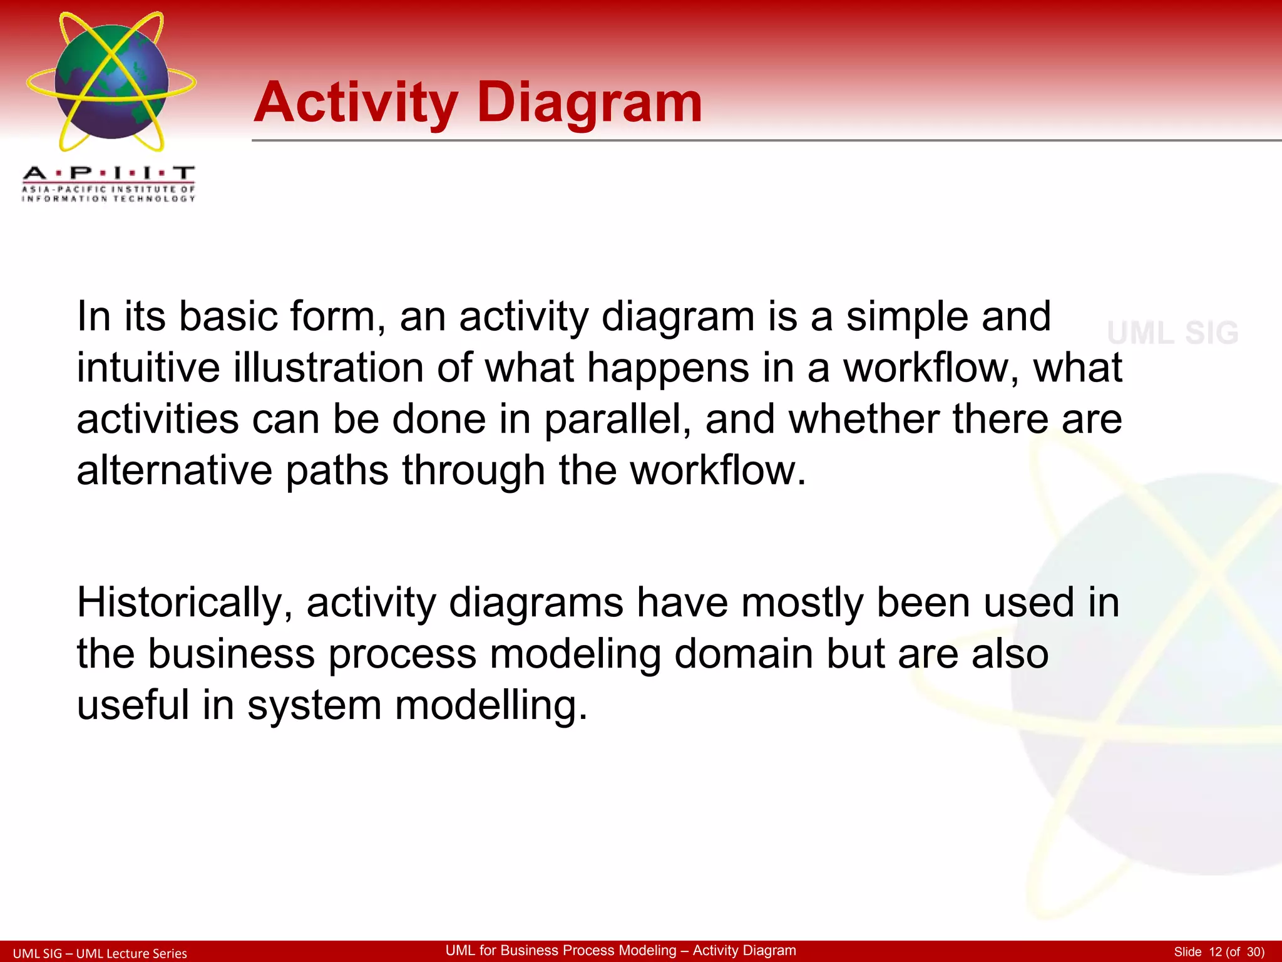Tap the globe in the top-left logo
click(x=111, y=82)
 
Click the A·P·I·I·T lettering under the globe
click(x=108, y=173)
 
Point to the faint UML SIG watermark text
click(x=1172, y=333)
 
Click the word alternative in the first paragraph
click(x=175, y=470)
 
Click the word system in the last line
click(x=314, y=705)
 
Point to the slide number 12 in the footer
click(x=1215, y=952)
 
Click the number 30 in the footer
click(x=1254, y=952)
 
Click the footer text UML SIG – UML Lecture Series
click(x=100, y=953)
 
